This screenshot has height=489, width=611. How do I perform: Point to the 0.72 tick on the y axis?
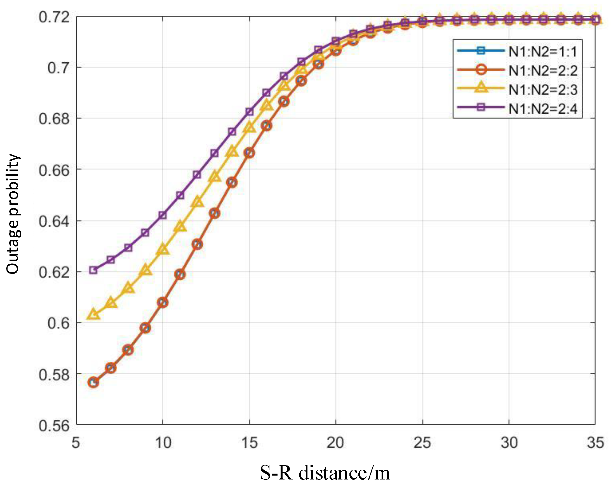pos(54,17)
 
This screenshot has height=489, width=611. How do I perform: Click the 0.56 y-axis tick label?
pos(54,425)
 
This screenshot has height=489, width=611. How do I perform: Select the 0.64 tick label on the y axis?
pos(54,221)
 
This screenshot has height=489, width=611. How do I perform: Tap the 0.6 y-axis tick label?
pos(58,323)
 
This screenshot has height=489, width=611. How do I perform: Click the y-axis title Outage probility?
pos(13,214)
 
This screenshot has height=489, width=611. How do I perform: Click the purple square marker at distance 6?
pos(93,270)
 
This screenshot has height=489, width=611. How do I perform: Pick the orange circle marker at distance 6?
pos(93,382)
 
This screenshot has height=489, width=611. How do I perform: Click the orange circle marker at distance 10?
pos(163,303)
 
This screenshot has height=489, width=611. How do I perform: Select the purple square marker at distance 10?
pos(163,215)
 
